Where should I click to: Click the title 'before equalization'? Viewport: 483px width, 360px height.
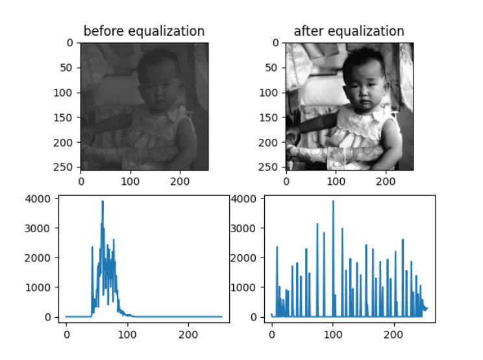pyautogui.click(x=144, y=31)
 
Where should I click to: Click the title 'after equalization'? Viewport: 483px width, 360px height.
pyautogui.click(x=349, y=31)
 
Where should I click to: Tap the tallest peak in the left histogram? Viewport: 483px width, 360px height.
pyautogui.click(x=103, y=202)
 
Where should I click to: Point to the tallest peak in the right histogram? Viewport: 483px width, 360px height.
pyautogui.click(x=333, y=201)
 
